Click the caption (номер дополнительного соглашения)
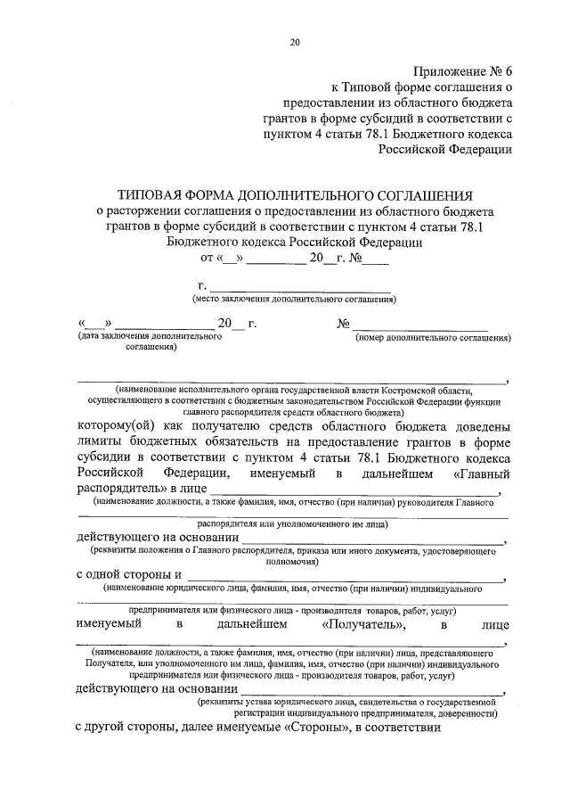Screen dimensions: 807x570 (432, 338)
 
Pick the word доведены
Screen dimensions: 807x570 (480, 426)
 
